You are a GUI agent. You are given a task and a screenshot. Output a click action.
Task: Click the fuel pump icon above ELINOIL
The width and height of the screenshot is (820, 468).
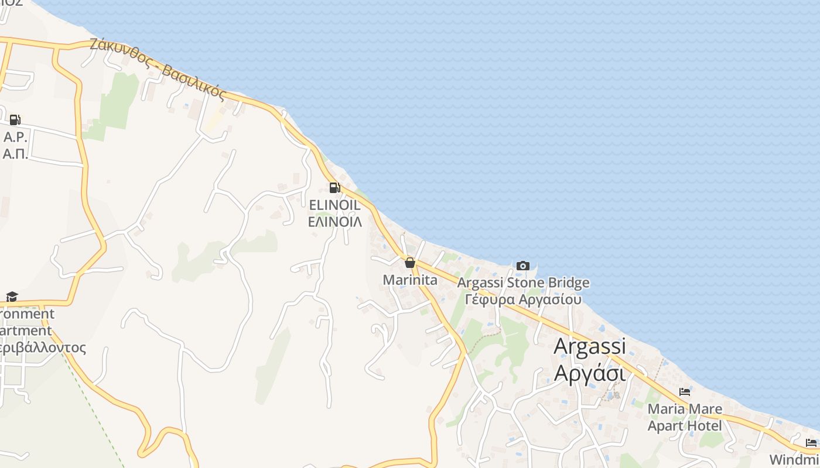pyautogui.click(x=334, y=188)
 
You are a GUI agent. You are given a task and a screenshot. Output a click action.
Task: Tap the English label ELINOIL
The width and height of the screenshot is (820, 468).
pyautogui.click(x=334, y=205)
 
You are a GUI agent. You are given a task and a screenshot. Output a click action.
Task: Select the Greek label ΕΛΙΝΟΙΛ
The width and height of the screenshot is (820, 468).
pyautogui.click(x=334, y=222)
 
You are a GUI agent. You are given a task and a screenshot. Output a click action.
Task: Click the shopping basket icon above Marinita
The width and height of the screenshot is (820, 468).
pyautogui.click(x=410, y=263)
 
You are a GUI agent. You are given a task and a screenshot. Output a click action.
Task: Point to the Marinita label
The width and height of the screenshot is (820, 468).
pyautogui.click(x=410, y=280)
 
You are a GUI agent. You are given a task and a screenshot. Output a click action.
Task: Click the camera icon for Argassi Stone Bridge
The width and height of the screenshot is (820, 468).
pyautogui.click(x=523, y=266)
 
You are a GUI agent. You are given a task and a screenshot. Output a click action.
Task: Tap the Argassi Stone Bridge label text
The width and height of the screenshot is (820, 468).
pyautogui.click(x=523, y=283)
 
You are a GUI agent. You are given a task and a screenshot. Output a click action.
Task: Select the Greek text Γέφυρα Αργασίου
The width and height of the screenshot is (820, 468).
pyautogui.click(x=523, y=300)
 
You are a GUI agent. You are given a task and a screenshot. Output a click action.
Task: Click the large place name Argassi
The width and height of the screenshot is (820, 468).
pyautogui.click(x=589, y=346)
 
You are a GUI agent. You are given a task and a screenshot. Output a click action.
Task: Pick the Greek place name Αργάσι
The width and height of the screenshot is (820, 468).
pyautogui.click(x=589, y=372)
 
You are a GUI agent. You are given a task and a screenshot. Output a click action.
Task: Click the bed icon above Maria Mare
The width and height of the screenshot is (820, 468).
pyautogui.click(x=685, y=392)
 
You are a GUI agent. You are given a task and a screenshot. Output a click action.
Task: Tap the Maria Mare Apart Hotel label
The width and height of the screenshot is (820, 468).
pyautogui.click(x=685, y=417)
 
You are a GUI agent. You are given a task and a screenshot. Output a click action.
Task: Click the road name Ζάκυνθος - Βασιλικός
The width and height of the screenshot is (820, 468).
pyautogui.click(x=158, y=68)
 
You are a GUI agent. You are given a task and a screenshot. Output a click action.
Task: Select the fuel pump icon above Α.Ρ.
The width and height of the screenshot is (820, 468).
pyautogui.click(x=15, y=120)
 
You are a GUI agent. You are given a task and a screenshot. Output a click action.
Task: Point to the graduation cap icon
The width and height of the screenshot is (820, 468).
pyautogui.click(x=12, y=297)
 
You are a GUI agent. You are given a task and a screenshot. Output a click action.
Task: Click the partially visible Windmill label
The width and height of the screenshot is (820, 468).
pyautogui.click(x=794, y=459)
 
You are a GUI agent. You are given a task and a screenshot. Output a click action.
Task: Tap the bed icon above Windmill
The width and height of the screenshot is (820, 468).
pyautogui.click(x=811, y=443)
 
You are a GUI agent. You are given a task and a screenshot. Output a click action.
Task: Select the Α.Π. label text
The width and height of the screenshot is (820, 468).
pyautogui.click(x=15, y=154)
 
